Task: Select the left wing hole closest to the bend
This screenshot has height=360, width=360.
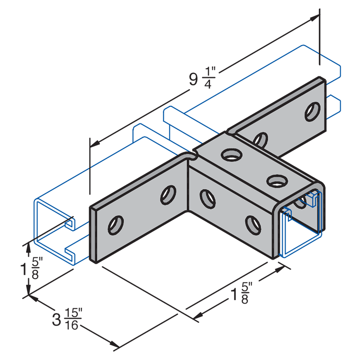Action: tap(168, 194)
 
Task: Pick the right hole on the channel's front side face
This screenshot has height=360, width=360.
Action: tap(253, 224)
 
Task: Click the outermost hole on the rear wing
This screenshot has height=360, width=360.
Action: tap(312, 111)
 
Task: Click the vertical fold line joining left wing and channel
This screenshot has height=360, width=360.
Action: tap(189, 187)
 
